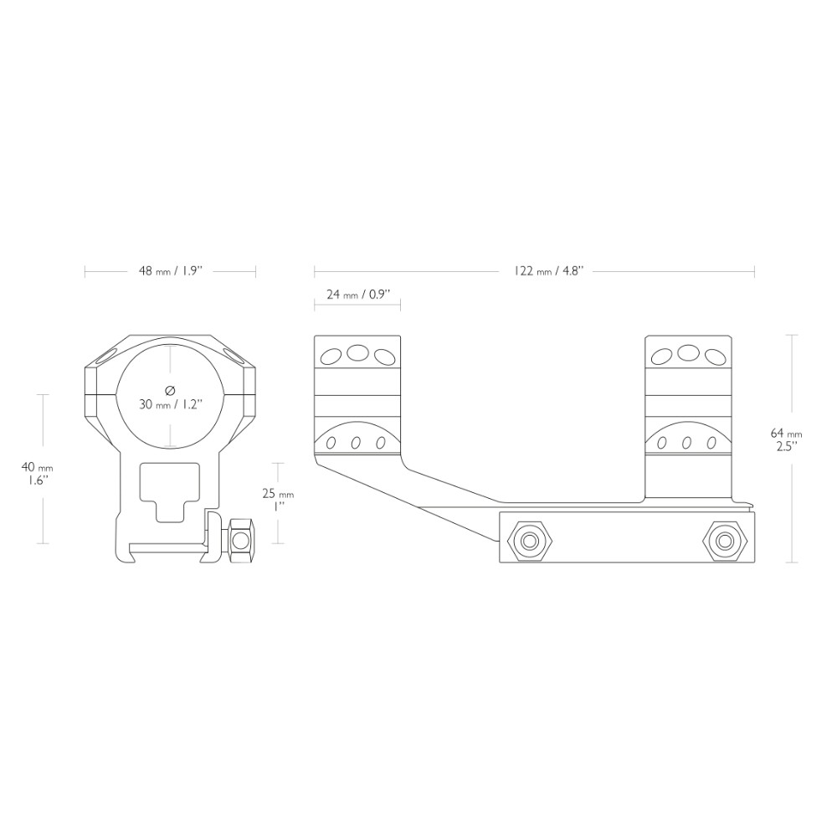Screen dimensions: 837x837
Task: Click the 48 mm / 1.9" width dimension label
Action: [169, 271]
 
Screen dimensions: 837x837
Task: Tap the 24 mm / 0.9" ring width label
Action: [359, 294]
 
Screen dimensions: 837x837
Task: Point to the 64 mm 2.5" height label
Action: [787, 438]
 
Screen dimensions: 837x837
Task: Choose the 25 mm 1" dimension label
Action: [278, 501]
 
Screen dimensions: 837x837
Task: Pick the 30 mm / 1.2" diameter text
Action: [170, 404]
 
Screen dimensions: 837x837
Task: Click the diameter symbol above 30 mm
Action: [170, 390]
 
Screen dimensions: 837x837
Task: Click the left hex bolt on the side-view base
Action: [530, 542]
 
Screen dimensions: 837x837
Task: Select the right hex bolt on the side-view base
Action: [724, 542]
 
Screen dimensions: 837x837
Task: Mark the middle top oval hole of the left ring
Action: [357, 352]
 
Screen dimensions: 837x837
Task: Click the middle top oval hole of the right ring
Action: [688, 352]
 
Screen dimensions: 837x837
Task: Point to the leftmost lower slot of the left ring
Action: [331, 443]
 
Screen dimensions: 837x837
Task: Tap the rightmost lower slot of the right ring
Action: [711, 443]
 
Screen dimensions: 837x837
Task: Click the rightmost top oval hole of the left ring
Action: [383, 357]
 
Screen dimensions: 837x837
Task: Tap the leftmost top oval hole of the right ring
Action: [662, 357]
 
